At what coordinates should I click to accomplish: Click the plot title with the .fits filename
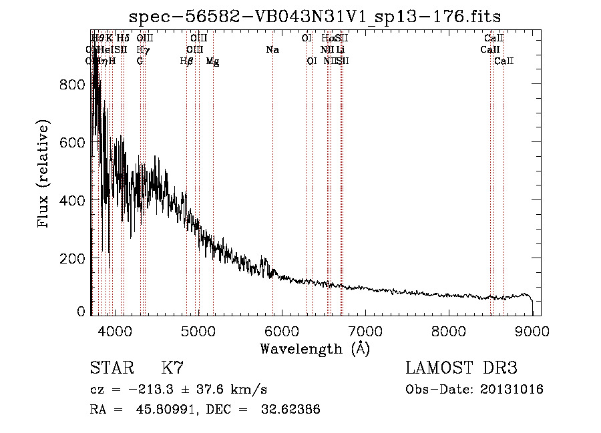(315, 16)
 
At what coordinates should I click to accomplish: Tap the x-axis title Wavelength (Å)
(315, 348)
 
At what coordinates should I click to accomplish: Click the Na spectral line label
(272, 50)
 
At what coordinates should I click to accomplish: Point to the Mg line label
(212, 61)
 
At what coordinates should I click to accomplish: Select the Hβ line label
(186, 61)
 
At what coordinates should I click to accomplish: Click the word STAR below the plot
(111, 368)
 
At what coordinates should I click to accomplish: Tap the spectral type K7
(172, 368)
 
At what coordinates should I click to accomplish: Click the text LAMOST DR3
(461, 368)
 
